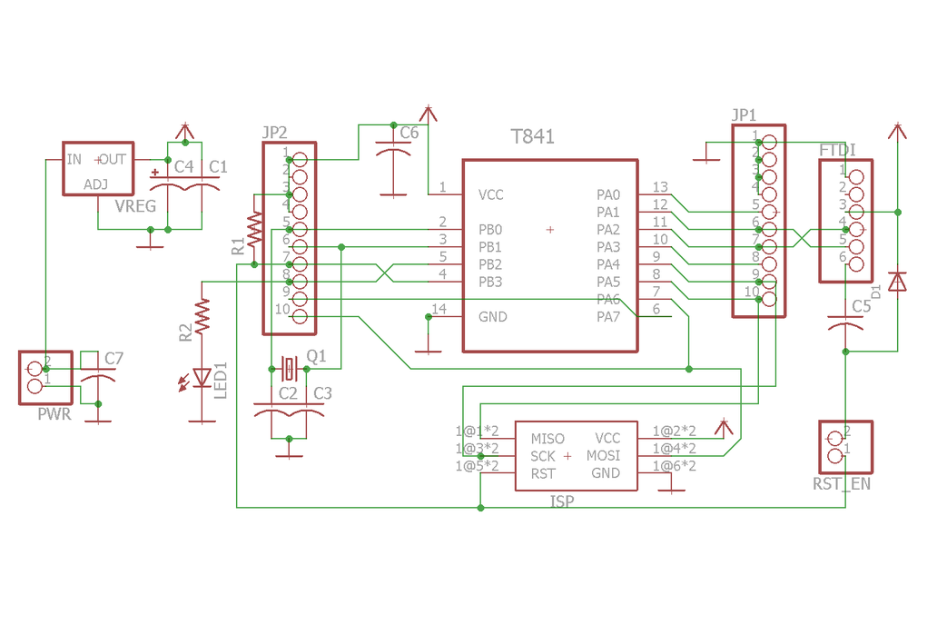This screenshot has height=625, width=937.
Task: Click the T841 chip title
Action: [532, 137]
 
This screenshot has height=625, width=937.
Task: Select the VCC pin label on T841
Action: [490, 194]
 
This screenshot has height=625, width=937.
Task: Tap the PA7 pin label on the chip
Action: [608, 317]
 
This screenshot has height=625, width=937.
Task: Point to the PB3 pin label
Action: [490, 282]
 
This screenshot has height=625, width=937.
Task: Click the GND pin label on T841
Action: [492, 317]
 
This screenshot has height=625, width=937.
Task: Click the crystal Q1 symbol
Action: [289, 368]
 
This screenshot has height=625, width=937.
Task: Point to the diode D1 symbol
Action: [897, 282]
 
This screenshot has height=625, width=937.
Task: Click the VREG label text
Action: [135, 206]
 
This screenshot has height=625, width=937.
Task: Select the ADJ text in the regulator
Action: [95, 184]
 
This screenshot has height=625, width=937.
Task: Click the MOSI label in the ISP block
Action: [603, 456]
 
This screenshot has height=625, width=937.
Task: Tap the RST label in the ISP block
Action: [543, 473]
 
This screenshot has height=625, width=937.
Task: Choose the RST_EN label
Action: [841, 484]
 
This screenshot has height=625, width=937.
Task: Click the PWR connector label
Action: [54, 415]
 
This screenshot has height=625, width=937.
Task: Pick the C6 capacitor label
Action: [409, 133]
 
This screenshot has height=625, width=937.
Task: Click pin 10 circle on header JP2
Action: [300, 316]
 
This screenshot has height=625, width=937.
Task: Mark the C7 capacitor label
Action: [113, 359]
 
